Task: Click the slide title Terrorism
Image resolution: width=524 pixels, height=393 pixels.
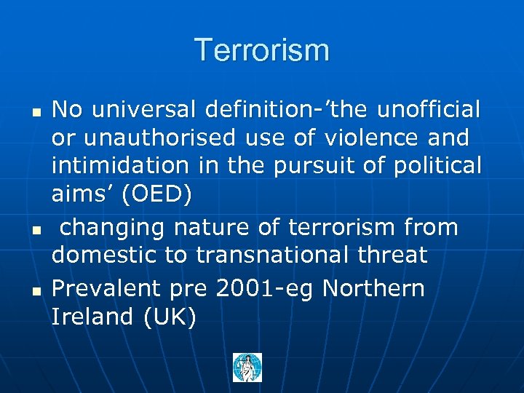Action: pyautogui.click(x=262, y=50)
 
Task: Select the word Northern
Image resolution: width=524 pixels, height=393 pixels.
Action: pyautogui.click(x=373, y=289)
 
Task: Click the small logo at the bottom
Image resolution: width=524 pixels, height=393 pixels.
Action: pyautogui.click(x=247, y=368)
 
